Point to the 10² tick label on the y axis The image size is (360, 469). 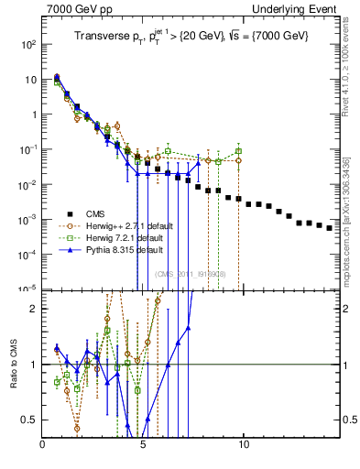[28, 44]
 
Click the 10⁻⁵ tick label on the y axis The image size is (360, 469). [28, 289]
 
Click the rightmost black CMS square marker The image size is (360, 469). [329, 227]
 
